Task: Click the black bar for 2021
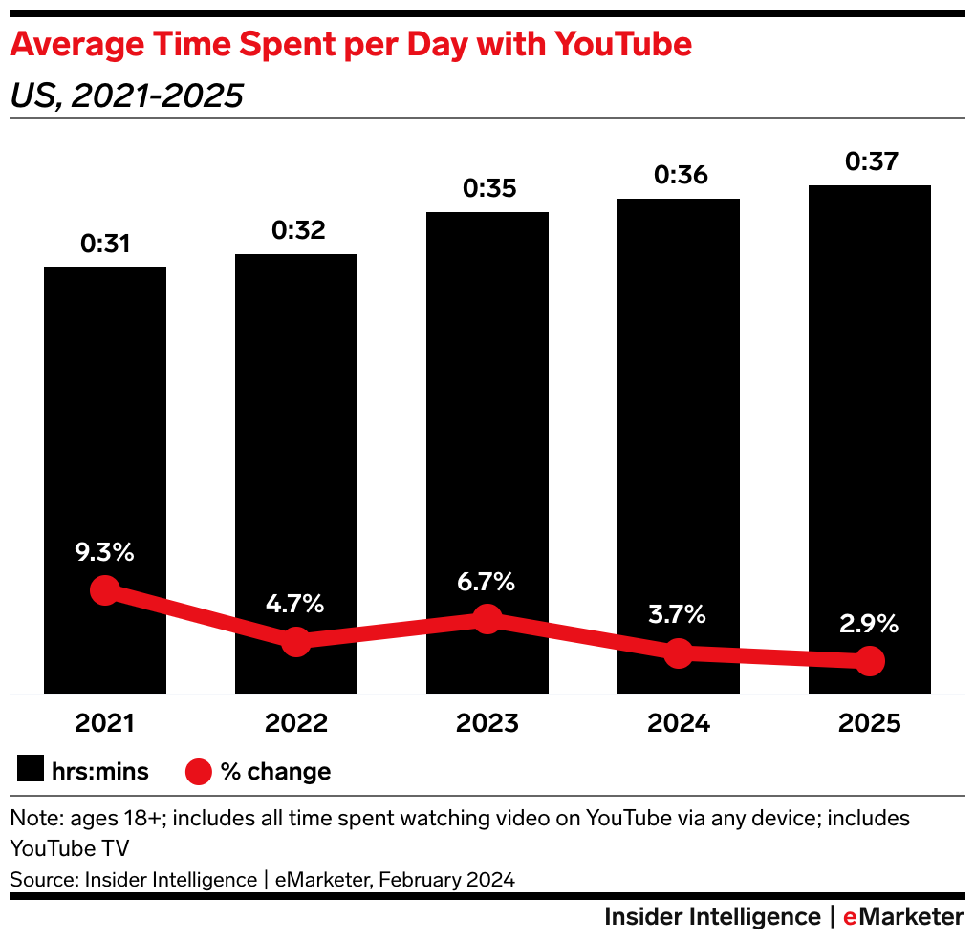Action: point(105,430)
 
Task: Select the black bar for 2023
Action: point(487,401)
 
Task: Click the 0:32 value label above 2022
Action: point(296,231)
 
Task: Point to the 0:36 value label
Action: point(679,176)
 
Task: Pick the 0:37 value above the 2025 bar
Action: point(870,162)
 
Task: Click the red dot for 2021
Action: point(105,590)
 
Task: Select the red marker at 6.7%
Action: point(487,619)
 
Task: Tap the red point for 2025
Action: point(869,660)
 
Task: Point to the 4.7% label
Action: point(296,604)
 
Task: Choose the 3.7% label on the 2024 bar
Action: point(679,614)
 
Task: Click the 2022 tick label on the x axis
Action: point(296,723)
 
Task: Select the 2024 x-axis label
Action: point(679,723)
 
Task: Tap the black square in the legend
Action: point(32,771)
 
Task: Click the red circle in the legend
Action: point(198,771)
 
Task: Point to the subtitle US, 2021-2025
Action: point(126,96)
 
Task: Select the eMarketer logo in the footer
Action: point(902,917)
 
